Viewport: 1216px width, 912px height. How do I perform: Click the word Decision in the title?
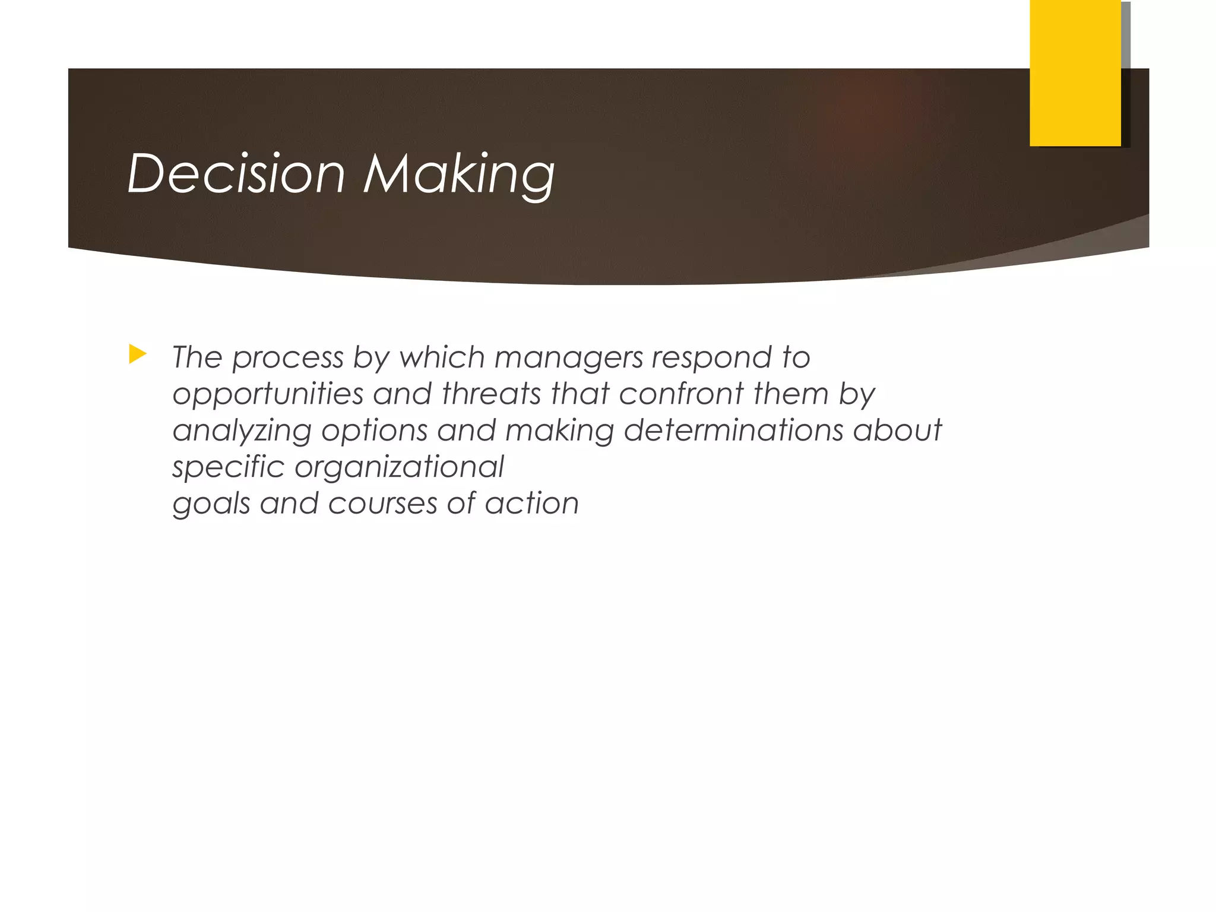tap(236, 173)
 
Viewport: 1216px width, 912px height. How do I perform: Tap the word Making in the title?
tap(459, 175)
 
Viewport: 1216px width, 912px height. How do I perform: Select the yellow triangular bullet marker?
tap(137, 355)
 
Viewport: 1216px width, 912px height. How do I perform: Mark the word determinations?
tap(733, 430)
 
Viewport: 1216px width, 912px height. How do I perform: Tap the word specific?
tap(229, 467)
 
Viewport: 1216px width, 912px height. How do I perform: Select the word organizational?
tap(399, 467)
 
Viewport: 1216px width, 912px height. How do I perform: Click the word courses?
tap(382, 503)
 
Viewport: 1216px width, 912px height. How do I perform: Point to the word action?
tap(531, 503)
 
